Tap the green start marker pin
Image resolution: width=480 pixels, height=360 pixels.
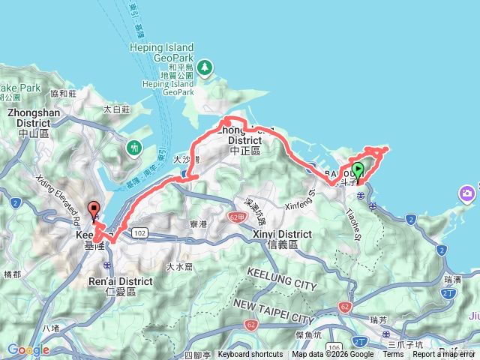(358, 170)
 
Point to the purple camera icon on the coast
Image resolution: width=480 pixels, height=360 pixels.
(469, 196)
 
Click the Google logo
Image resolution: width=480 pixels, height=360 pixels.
(28, 349)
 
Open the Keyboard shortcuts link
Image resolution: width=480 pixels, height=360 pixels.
(250, 355)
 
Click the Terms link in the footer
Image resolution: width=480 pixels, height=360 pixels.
(392, 355)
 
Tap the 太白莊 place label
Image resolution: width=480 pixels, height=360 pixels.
(117, 109)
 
